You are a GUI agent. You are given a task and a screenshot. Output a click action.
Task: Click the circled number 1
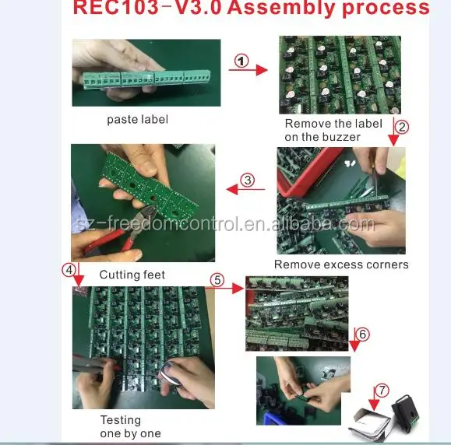tap(241, 61)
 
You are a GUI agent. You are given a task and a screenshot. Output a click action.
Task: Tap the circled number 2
tap(402, 127)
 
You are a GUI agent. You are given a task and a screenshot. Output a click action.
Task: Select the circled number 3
tap(248, 180)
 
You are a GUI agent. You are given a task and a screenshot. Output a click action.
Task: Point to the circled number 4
tap(69, 270)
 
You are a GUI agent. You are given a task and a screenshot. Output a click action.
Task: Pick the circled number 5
tap(217, 280)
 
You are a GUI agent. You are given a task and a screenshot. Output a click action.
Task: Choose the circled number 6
tap(362, 335)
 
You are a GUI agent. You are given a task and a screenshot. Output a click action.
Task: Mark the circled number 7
tap(382, 391)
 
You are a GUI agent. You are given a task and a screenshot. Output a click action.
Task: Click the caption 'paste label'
tap(138, 120)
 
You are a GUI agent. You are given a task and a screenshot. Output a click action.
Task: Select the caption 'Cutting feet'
tap(132, 275)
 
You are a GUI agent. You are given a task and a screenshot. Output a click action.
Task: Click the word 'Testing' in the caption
tap(121, 421)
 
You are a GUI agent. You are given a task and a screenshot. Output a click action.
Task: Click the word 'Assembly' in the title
tap(281, 8)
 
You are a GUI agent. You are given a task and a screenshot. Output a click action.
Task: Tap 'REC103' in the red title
tap(116, 8)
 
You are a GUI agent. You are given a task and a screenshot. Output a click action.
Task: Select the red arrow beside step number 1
tap(248, 70)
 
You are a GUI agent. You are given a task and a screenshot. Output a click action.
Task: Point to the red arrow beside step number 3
tap(245, 189)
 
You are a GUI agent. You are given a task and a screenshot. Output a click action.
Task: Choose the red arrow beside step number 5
tap(225, 288)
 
